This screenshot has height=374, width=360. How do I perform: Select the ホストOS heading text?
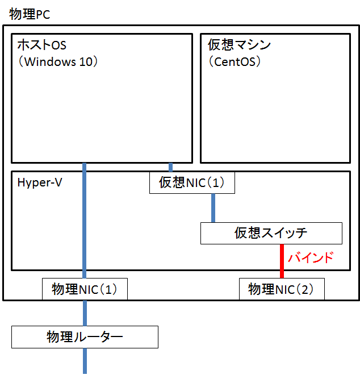click(42, 45)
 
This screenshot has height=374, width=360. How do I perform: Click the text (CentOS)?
click(235, 61)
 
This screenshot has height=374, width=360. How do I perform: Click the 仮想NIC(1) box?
click(192, 182)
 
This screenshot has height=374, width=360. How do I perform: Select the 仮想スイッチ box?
click(271, 232)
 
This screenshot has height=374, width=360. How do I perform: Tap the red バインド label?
click(310, 258)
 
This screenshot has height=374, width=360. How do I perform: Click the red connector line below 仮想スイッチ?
click(282, 261)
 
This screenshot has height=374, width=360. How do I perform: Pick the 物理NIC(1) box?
click(85, 289)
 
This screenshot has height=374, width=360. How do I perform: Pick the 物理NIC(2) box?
click(281, 289)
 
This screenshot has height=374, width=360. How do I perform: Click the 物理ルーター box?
click(85, 336)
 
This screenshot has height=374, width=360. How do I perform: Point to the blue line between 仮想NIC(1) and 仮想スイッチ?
click(213, 207)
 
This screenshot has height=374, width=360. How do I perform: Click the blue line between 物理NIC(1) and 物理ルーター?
click(85, 312)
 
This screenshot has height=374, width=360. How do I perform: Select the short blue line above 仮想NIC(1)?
click(170, 167)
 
